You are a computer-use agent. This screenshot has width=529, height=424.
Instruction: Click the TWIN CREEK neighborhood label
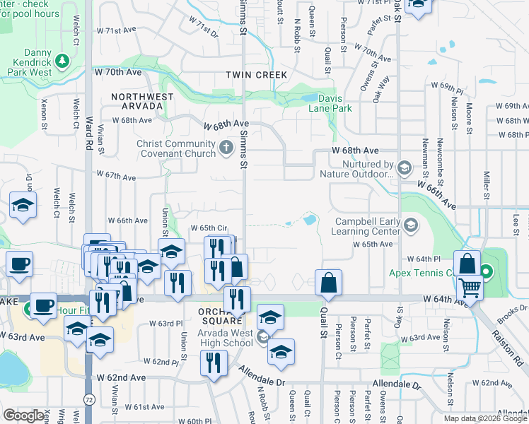[257, 75]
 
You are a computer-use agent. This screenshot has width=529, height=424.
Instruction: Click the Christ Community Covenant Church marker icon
[226, 147]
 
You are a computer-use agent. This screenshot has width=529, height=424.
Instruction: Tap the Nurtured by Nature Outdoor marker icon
[404, 167]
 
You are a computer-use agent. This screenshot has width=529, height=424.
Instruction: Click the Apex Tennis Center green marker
[487, 271]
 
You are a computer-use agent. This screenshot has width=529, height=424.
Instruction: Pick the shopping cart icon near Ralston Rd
[469, 288]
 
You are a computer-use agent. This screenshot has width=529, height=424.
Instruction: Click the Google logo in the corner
[24, 416]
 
